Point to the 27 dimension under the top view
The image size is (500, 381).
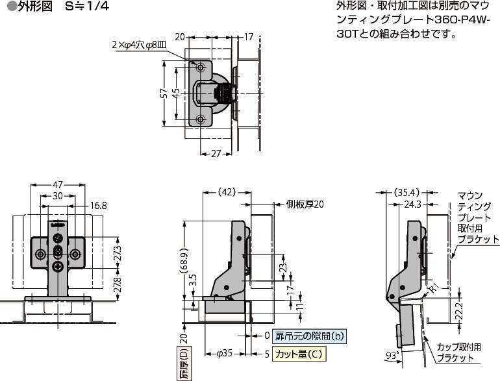click(x=216, y=154)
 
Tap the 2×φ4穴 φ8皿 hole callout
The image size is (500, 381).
click(x=139, y=45)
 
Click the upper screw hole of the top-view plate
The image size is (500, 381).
click(x=201, y=68)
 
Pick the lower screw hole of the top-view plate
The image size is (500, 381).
click(x=201, y=119)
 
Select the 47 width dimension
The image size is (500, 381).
click(x=58, y=184)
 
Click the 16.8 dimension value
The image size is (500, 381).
click(x=98, y=206)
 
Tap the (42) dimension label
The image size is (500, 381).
click(x=227, y=192)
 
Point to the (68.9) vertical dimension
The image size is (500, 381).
click(x=184, y=261)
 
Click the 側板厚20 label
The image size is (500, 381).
click(x=305, y=204)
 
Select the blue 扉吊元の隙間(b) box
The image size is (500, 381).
click(x=309, y=336)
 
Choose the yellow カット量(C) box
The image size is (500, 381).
click(x=299, y=354)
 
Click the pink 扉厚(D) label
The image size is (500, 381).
click(x=184, y=363)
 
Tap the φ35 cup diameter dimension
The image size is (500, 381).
click(x=225, y=354)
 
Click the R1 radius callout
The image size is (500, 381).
click(x=434, y=289)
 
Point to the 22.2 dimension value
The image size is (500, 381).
click(x=460, y=311)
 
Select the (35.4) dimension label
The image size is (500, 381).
click(x=406, y=193)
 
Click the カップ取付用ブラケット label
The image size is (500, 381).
click(x=458, y=352)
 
